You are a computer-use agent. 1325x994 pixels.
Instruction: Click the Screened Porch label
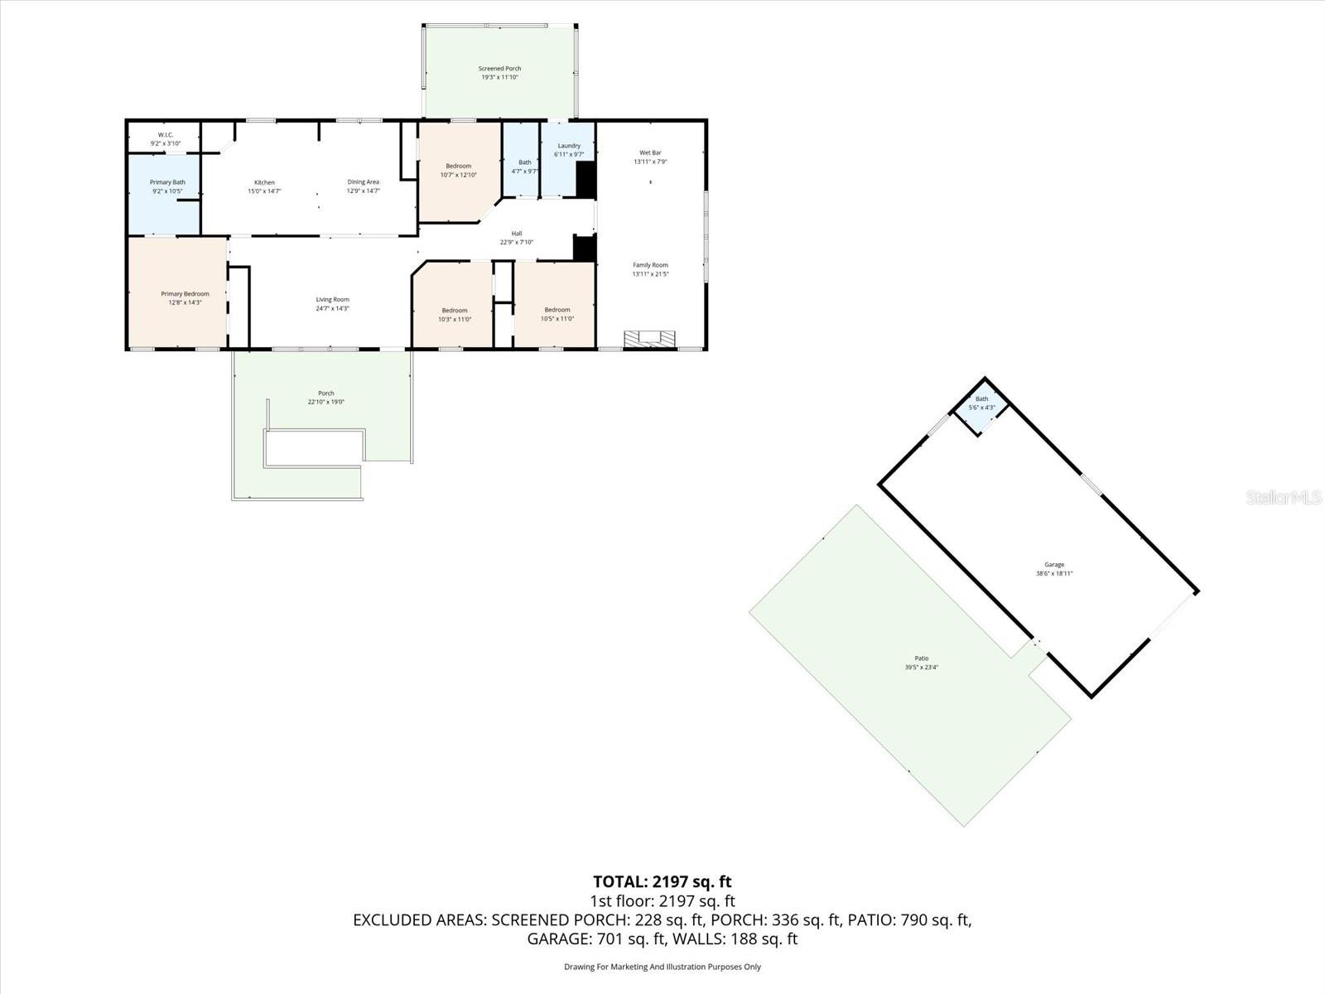pos(499,69)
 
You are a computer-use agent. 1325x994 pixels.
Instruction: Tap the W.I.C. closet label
pos(166,135)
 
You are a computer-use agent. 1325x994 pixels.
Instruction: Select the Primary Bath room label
pos(167,182)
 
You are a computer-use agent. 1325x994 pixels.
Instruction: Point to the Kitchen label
pos(264,182)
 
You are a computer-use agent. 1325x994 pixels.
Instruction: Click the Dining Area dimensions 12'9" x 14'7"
pos(363,191)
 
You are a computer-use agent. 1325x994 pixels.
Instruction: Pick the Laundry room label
pos(569,146)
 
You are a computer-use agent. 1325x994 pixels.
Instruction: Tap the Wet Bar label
pos(650,152)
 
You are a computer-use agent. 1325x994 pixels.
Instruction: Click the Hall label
pos(517,234)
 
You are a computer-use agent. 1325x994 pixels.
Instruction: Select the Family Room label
pos(650,265)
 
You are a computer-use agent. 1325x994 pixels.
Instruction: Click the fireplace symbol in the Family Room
pos(649,338)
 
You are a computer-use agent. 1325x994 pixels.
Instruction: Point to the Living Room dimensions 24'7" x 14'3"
pos(332,308)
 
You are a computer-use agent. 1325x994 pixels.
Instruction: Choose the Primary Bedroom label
pos(185,294)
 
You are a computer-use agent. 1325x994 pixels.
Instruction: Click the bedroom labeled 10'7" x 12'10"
pos(458,171)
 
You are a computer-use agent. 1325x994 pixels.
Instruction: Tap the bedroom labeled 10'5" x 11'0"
pos(557,315)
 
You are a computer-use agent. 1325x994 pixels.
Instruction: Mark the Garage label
pos(1054,565)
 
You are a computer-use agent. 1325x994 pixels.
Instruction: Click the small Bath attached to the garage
pos(981,403)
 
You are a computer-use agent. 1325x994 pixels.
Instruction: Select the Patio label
pos(921,659)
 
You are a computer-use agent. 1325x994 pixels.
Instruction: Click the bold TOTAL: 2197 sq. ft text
pos(662,882)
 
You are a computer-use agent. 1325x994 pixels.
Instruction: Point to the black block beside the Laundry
pos(585,180)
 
